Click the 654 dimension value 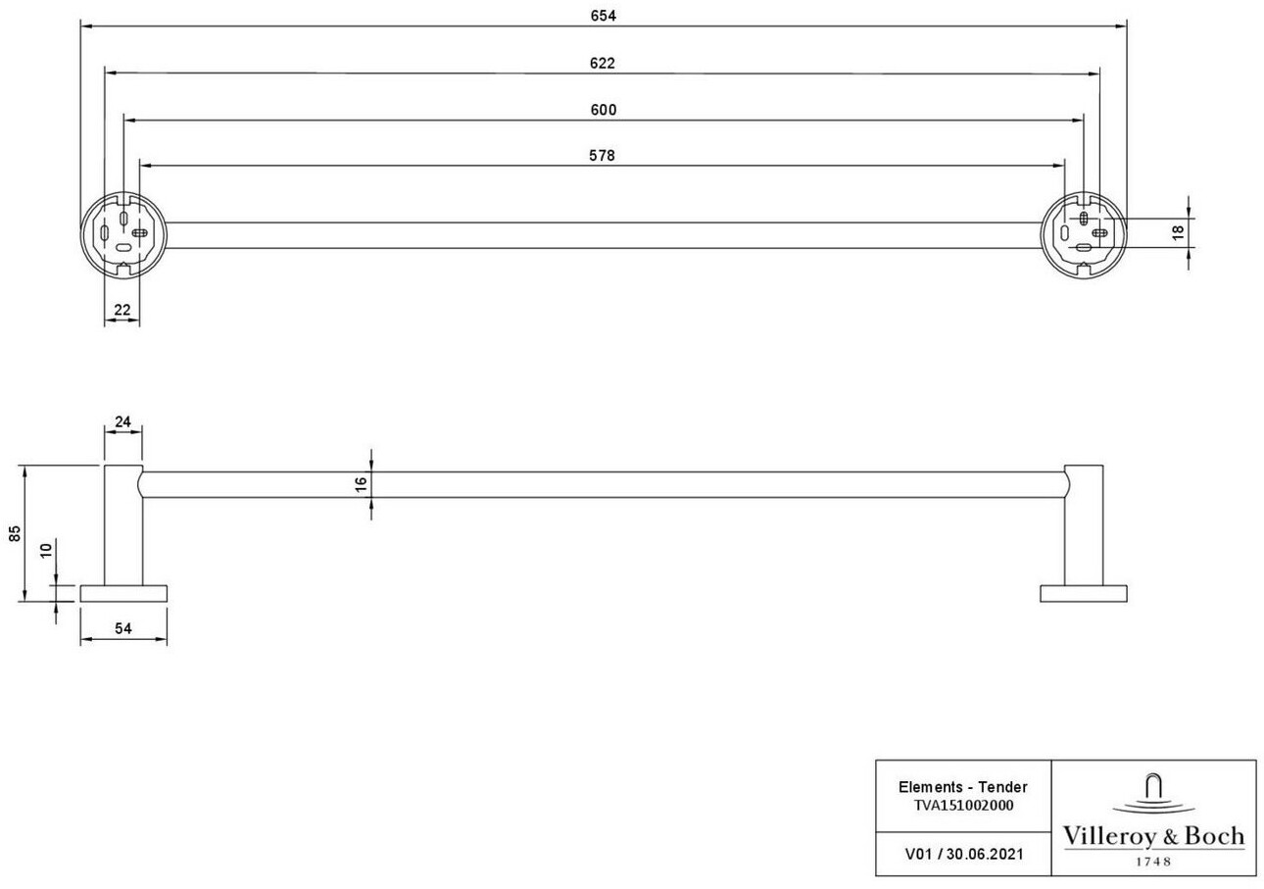tap(603, 15)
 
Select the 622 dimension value tap(603, 63)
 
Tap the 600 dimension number tap(604, 110)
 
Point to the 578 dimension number tap(603, 156)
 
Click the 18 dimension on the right tap(1178, 232)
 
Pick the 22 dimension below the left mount tap(122, 311)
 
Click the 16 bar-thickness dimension tap(361, 484)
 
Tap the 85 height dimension tap(15, 533)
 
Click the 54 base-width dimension tap(123, 628)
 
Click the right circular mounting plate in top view tap(1083, 234)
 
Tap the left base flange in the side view tap(123, 593)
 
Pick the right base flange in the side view tap(1083, 593)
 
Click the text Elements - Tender tap(962, 787)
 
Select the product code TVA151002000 tap(962, 806)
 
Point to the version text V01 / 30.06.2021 tap(964, 854)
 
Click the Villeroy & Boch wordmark tap(1153, 836)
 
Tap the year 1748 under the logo tap(1153, 862)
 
